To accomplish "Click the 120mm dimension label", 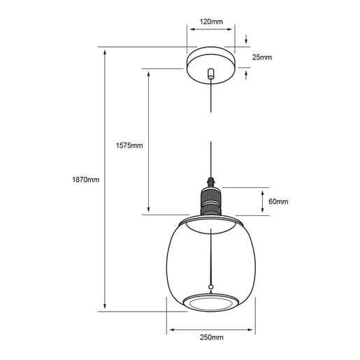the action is [211, 22].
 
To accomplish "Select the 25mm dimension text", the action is [262, 57].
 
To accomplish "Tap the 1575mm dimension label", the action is [129, 145].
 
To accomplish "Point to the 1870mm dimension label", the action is [86, 180].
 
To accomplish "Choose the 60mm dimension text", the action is [278, 201].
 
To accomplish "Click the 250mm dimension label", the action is [212, 338].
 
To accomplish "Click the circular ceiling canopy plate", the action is [211, 65].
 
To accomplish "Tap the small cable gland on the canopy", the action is [211, 73].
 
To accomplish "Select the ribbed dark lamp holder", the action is [211, 201].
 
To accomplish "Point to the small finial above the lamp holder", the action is [211, 182].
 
